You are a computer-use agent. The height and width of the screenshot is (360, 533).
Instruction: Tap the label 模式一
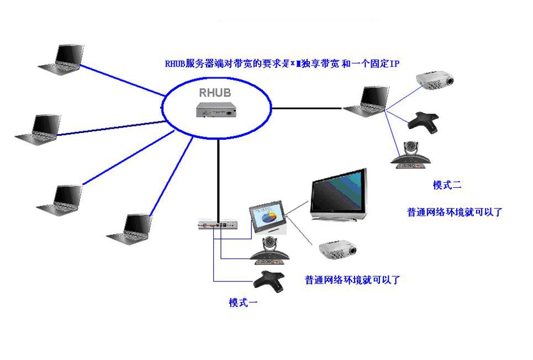tap(244, 303)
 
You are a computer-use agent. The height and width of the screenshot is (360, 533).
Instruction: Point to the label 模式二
tap(447, 186)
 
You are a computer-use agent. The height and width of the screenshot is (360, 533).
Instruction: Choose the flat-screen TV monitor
tap(337, 196)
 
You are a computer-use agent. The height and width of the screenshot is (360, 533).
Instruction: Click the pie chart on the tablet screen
tap(270, 219)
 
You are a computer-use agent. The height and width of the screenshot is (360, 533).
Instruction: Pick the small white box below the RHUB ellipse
tap(218, 225)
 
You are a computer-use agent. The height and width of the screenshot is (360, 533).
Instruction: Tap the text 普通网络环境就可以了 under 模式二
tap(455, 212)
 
